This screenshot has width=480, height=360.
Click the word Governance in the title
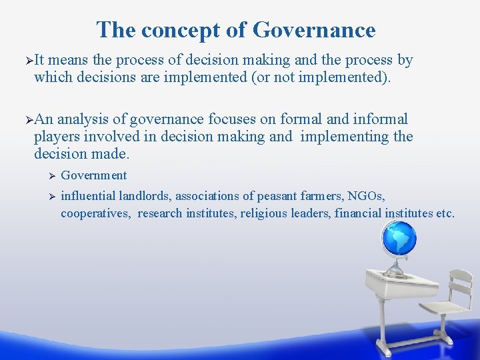tap(315, 30)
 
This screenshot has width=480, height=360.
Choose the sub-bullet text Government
tap(93, 175)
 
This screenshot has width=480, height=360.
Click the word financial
tap(361, 213)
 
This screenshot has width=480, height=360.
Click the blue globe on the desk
tap(399, 238)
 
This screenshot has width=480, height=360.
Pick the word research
tap(161, 213)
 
